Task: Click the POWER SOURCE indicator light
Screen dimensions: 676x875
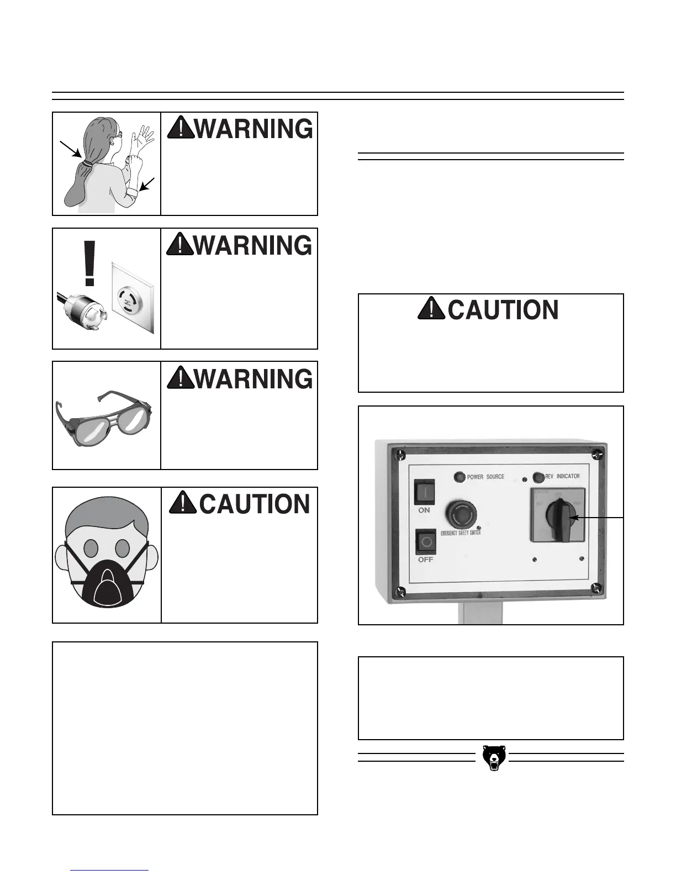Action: pyautogui.click(x=459, y=477)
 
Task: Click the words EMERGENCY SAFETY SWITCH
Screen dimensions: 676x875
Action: pyautogui.click(x=460, y=533)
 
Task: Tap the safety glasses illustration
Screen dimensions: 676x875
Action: pyautogui.click(x=104, y=418)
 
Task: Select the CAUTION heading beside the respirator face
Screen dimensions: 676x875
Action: pyautogui.click(x=239, y=504)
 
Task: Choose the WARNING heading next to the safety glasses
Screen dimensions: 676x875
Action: pyautogui.click(x=239, y=379)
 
